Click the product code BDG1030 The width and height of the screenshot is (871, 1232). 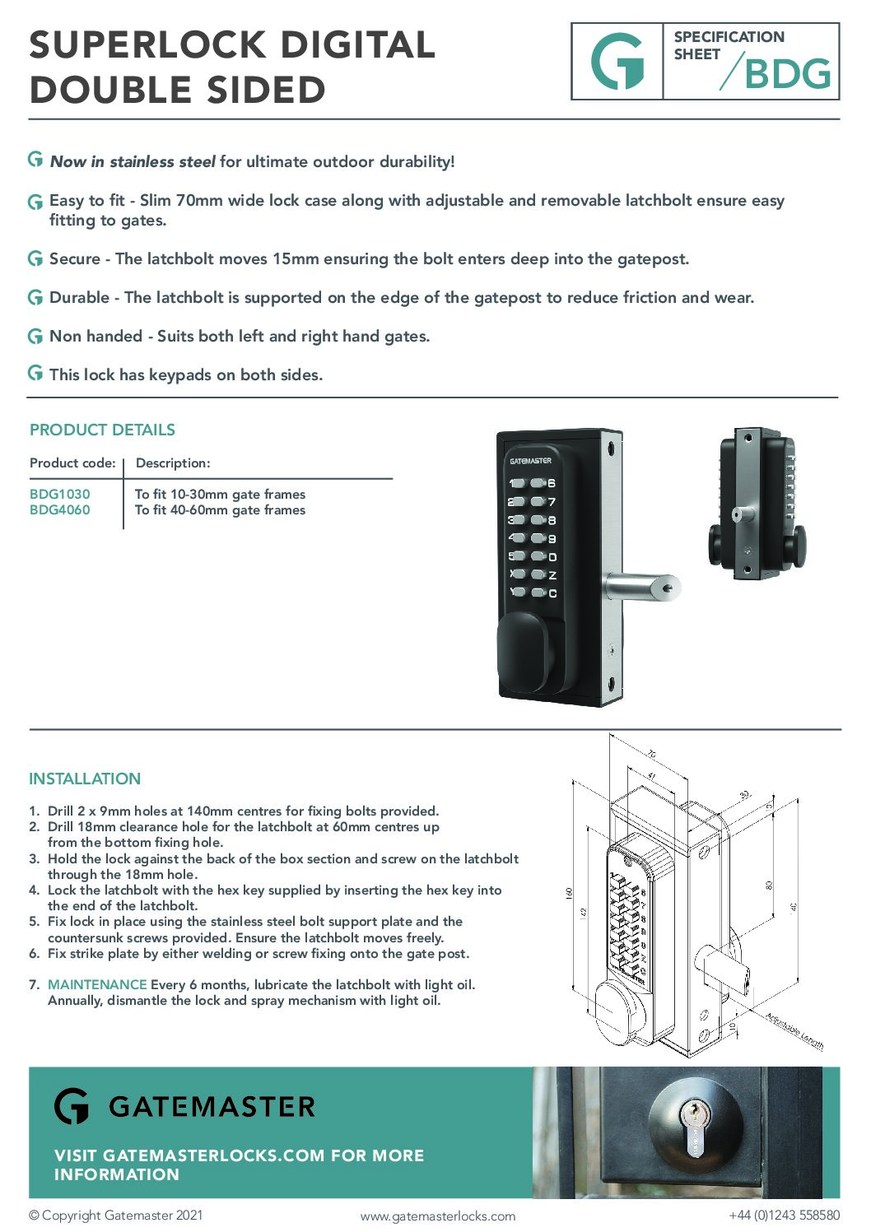pos(59,494)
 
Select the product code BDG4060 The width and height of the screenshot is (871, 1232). pos(59,510)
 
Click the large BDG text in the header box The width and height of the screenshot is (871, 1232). pos(787,74)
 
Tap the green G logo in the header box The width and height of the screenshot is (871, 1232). pos(617,62)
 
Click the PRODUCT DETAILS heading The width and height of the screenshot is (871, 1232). pos(102,430)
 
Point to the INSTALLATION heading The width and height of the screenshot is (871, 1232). pos(85,779)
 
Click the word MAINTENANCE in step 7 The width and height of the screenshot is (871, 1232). pos(97,984)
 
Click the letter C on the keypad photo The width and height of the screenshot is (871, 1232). pos(552,593)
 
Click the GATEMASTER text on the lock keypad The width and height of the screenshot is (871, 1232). pos(530,461)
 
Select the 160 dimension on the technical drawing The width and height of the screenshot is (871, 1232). pos(569,893)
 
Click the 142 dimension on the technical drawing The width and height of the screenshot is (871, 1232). pos(584,912)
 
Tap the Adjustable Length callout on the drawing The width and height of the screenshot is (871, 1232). pos(794,1031)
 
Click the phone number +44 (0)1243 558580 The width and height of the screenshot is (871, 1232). pos(784,1216)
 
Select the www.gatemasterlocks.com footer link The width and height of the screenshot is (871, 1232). pos(437,1216)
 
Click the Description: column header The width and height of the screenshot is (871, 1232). pos(173,463)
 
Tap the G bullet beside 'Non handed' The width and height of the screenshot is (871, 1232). pos(35,336)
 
